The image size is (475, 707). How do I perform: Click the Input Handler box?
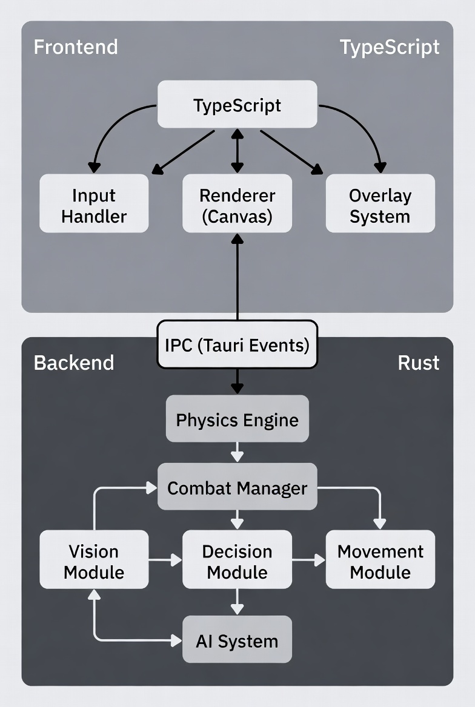coord(94,204)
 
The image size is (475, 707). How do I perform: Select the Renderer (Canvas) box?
coord(237,204)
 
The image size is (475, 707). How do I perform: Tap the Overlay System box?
coord(380,204)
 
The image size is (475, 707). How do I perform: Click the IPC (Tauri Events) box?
coord(237,345)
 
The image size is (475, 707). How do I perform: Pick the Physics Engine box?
coord(237,419)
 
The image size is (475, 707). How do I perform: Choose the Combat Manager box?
coord(237,487)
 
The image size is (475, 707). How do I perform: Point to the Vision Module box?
coord(94,560)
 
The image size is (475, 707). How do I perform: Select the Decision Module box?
coord(237,560)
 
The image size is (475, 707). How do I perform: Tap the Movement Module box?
coord(380,560)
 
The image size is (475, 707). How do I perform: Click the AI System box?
coord(237,640)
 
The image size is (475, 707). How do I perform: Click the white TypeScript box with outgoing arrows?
coord(237,105)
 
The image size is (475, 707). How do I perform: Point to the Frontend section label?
coord(76,47)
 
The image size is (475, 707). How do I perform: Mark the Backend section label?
coord(73,363)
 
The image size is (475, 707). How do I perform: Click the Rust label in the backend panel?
coord(418,363)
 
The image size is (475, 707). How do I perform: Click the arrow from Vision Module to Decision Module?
coord(165,561)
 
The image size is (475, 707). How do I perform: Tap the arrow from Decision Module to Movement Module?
coord(308,561)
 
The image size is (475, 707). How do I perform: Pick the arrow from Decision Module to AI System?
coord(237,603)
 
